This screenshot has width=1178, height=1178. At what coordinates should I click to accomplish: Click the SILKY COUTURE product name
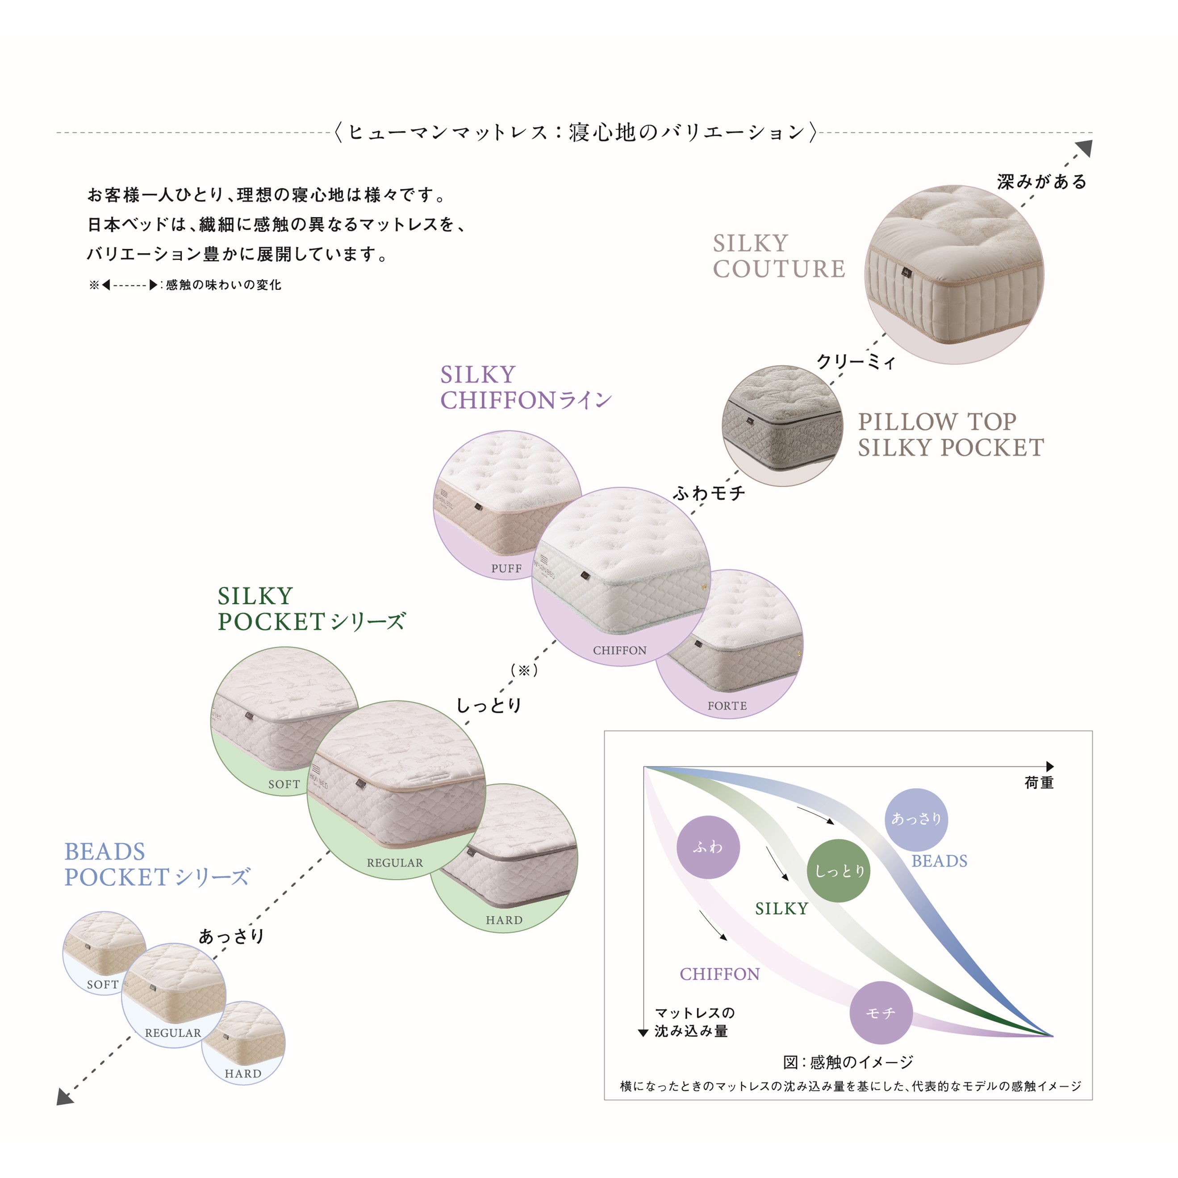(779, 256)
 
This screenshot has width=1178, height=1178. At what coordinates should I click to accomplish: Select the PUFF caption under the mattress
(506, 568)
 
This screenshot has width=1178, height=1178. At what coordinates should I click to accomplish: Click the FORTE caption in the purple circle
(727, 706)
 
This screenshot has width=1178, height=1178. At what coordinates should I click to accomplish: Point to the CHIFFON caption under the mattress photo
(619, 651)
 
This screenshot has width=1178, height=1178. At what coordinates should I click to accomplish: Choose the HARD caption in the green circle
(504, 920)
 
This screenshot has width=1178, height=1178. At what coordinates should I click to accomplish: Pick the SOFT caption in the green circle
(284, 784)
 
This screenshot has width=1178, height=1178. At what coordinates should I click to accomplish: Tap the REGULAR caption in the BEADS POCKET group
(172, 1033)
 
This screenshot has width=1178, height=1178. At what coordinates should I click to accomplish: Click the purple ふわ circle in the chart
(708, 847)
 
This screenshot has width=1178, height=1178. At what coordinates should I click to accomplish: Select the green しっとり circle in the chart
(839, 871)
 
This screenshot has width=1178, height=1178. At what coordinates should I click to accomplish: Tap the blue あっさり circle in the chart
(916, 819)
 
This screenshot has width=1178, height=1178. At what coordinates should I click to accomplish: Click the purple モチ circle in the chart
(881, 1013)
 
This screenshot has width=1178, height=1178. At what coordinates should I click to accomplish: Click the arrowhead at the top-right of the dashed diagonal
(1084, 148)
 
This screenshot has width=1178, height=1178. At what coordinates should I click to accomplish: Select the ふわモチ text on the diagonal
(709, 493)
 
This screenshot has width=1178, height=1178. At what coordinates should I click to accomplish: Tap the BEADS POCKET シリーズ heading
(157, 865)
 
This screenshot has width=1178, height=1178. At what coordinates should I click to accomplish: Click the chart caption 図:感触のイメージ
(848, 1063)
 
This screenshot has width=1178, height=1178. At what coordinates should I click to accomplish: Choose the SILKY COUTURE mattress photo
(954, 274)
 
